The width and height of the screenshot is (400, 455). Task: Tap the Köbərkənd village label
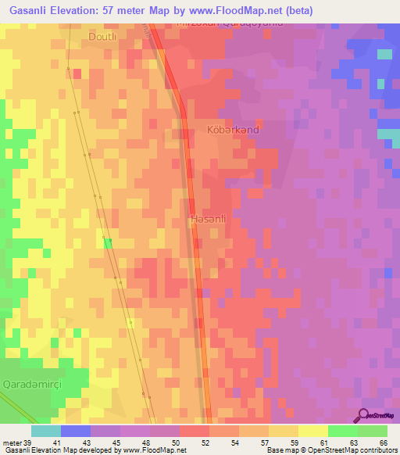coord(232,131)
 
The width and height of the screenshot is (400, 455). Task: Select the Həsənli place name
coord(209,220)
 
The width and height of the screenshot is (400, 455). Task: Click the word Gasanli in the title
coord(34,9)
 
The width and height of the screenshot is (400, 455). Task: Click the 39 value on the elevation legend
coord(27,443)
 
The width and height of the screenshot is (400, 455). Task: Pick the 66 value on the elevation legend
coord(384,443)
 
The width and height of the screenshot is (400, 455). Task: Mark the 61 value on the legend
coord(325,443)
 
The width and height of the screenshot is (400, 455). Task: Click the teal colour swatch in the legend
coord(45,431)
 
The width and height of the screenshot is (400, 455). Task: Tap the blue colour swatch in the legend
coord(75,431)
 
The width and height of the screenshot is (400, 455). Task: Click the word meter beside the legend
coord(11,443)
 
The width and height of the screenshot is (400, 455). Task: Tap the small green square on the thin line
coord(108,242)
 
